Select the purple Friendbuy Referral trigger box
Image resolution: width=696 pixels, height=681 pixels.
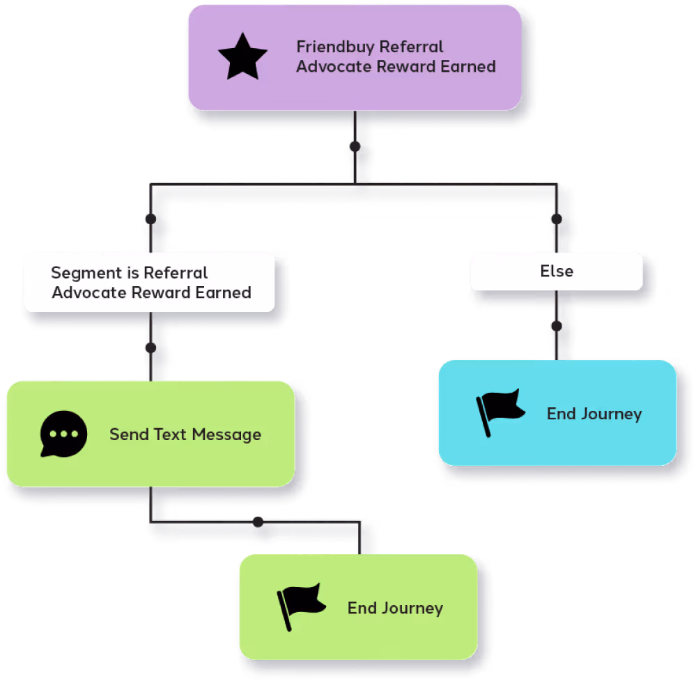354,57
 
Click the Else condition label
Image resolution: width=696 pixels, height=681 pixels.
556,271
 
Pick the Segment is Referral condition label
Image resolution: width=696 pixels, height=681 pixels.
149,282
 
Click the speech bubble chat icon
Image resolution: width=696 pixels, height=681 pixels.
64,434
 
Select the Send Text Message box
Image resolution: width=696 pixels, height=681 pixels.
150,434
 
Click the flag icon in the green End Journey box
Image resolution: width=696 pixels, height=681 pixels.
301,606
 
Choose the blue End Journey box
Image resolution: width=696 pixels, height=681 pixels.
557,413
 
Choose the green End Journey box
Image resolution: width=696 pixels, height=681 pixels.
358,607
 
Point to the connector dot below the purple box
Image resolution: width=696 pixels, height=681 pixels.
355,147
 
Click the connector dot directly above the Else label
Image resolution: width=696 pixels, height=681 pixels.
556,219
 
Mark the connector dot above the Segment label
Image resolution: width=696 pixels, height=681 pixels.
150,219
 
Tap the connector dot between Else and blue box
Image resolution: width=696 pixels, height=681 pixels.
556,326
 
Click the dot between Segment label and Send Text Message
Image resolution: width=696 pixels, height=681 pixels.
150,348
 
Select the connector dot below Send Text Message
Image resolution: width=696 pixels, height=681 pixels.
258,520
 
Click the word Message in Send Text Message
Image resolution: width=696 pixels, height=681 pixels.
226,435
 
